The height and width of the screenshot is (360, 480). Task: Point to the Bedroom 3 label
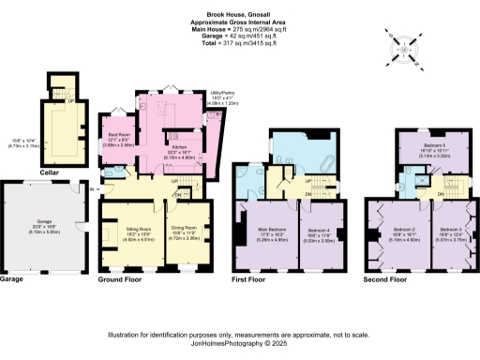tap(452, 232)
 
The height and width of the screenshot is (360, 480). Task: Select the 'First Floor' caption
tap(255, 279)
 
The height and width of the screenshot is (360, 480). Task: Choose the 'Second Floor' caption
tap(387, 279)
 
